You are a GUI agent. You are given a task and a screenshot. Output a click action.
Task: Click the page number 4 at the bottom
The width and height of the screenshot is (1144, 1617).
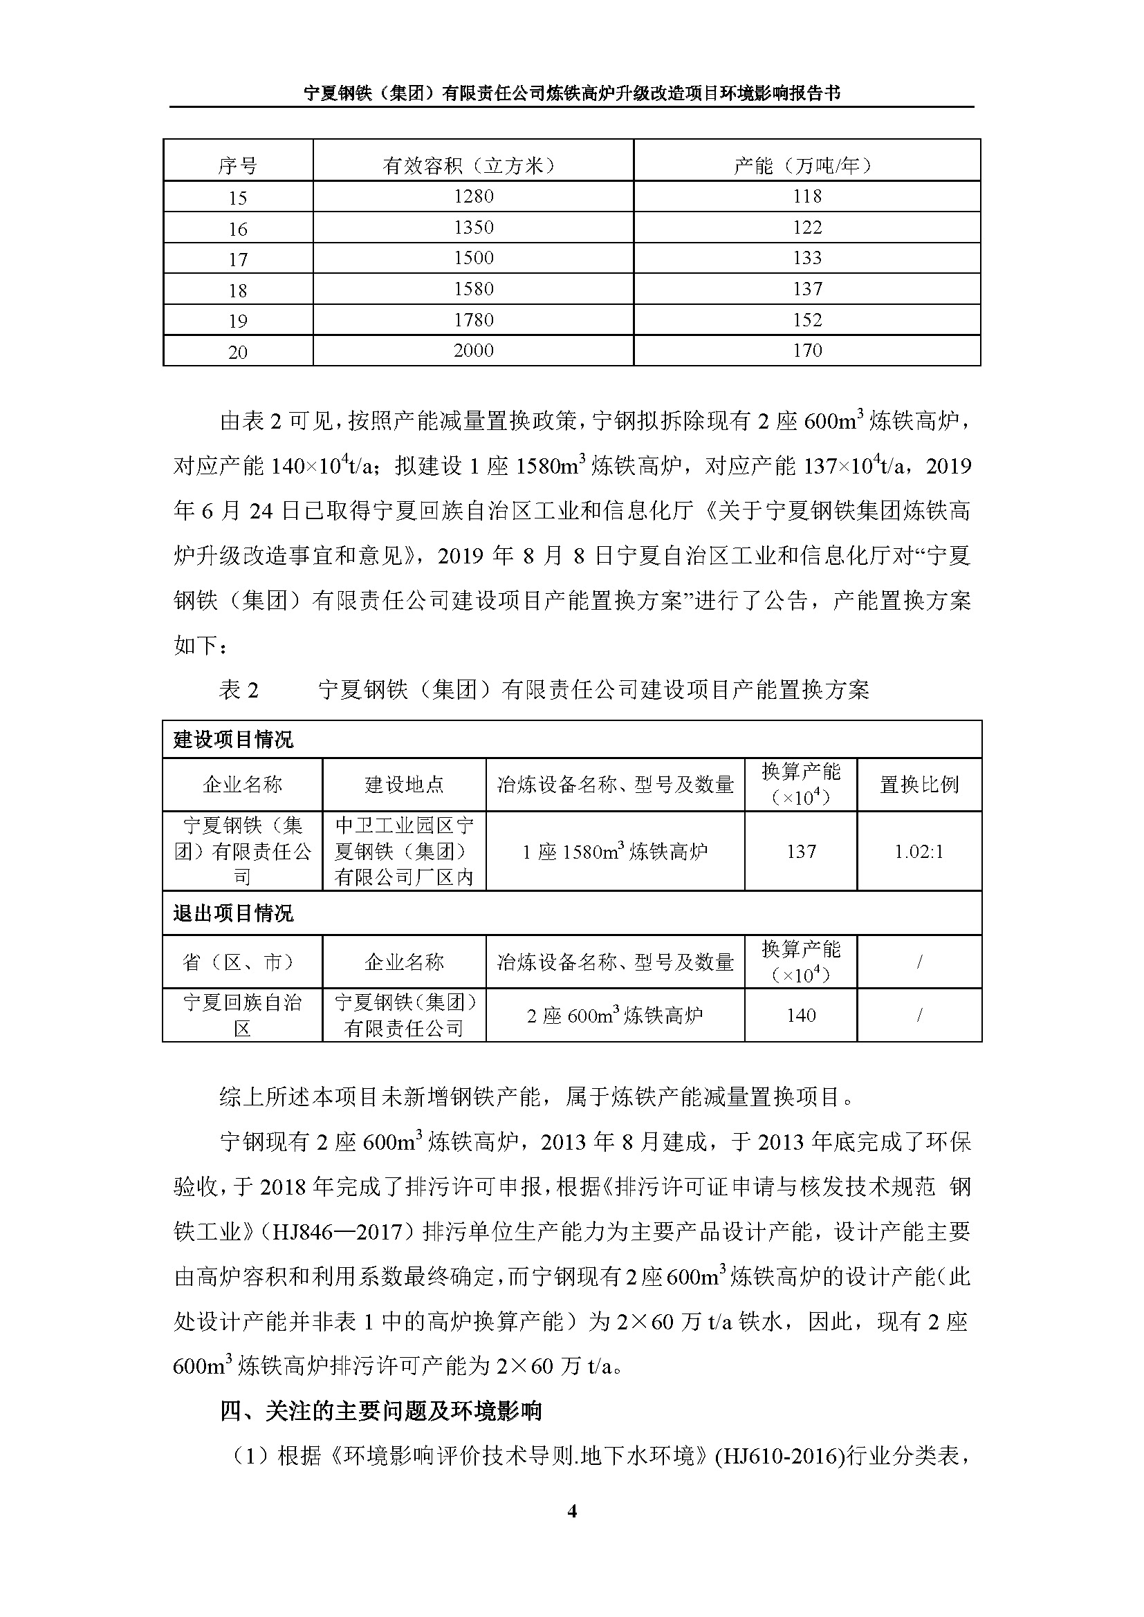[x=571, y=1511]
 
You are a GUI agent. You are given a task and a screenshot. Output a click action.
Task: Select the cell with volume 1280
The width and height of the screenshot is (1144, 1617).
[x=473, y=196]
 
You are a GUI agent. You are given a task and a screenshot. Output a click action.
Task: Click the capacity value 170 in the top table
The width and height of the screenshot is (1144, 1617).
[x=806, y=350]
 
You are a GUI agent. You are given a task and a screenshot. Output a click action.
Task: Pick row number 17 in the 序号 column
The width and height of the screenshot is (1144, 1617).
[x=238, y=259]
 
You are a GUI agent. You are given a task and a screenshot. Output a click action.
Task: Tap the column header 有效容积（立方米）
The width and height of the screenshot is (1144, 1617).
[x=473, y=165]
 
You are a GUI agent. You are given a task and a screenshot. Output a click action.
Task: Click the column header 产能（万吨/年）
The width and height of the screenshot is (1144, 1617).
[x=806, y=165]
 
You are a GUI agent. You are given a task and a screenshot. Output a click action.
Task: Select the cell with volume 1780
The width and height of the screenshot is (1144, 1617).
[x=473, y=320]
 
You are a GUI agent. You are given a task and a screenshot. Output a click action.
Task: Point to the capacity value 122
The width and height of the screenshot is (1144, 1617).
[x=806, y=227]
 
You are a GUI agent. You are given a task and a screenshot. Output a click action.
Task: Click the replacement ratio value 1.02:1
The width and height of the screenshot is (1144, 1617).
[x=919, y=852]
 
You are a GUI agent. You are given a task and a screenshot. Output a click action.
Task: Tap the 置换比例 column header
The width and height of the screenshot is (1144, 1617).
[x=919, y=785]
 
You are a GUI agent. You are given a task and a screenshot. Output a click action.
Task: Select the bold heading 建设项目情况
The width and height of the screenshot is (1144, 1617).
[x=233, y=740]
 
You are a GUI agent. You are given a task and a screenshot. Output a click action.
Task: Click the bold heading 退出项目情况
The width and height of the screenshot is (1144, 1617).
[x=233, y=913]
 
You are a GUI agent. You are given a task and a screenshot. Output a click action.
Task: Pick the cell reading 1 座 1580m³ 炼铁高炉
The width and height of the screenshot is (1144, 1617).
[x=614, y=852]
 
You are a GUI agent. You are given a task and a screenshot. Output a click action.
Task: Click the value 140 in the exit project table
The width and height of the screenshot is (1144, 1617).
[x=801, y=1015]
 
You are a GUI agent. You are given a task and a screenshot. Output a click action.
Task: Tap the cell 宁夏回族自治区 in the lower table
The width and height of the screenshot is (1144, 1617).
[x=242, y=1015]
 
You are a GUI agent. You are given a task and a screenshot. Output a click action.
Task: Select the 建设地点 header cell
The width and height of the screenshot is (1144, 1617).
[x=404, y=785]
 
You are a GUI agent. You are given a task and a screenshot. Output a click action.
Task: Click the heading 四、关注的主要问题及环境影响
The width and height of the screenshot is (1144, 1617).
[x=380, y=1411]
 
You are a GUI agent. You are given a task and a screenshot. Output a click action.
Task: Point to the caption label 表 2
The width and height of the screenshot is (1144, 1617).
[x=239, y=689]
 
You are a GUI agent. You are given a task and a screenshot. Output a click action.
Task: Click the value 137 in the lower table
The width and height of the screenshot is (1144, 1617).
[x=801, y=852]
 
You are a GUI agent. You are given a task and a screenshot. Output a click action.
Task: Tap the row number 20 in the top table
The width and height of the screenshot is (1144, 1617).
[x=238, y=351]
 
